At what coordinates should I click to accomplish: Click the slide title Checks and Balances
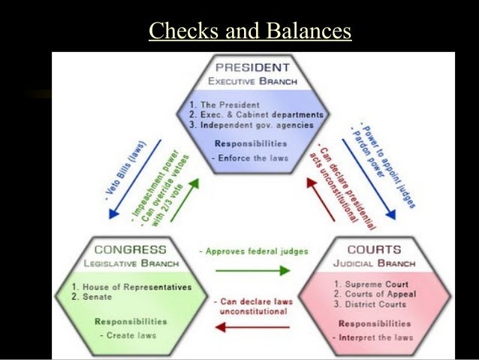pos(250,31)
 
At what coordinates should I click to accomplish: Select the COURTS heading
pos(374,250)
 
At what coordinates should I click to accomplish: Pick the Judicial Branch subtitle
pos(375,263)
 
